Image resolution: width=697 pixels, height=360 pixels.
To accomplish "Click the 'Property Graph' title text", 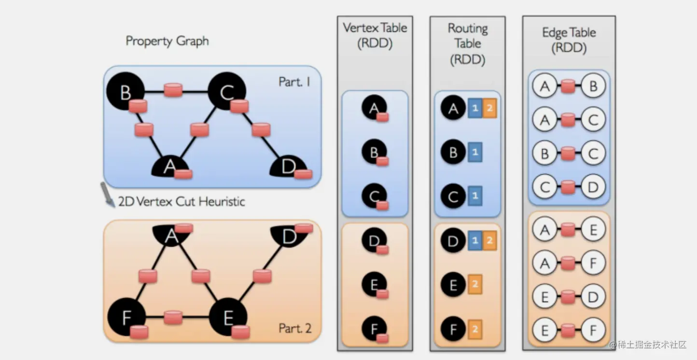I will pos(167,41).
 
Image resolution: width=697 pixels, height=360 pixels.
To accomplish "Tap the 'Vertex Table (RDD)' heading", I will pos(375,35).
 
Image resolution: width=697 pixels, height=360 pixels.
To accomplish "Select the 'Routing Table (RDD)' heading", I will pos(467,44).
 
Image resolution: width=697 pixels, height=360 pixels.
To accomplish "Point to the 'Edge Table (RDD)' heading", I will pos(569,40).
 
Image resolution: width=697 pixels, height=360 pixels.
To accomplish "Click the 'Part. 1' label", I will pos(294,82).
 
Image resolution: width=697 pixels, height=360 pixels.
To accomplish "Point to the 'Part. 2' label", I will pos(295,329).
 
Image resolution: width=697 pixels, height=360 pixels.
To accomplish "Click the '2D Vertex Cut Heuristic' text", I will pos(181,201).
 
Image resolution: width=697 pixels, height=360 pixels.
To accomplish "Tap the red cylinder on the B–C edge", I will pos(172,90).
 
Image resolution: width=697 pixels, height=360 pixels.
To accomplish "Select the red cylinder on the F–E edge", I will pos(173,317).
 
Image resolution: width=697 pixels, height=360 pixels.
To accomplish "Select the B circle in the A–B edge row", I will pos(593,86).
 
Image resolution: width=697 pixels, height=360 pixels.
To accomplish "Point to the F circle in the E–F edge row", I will pos(593,331).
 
